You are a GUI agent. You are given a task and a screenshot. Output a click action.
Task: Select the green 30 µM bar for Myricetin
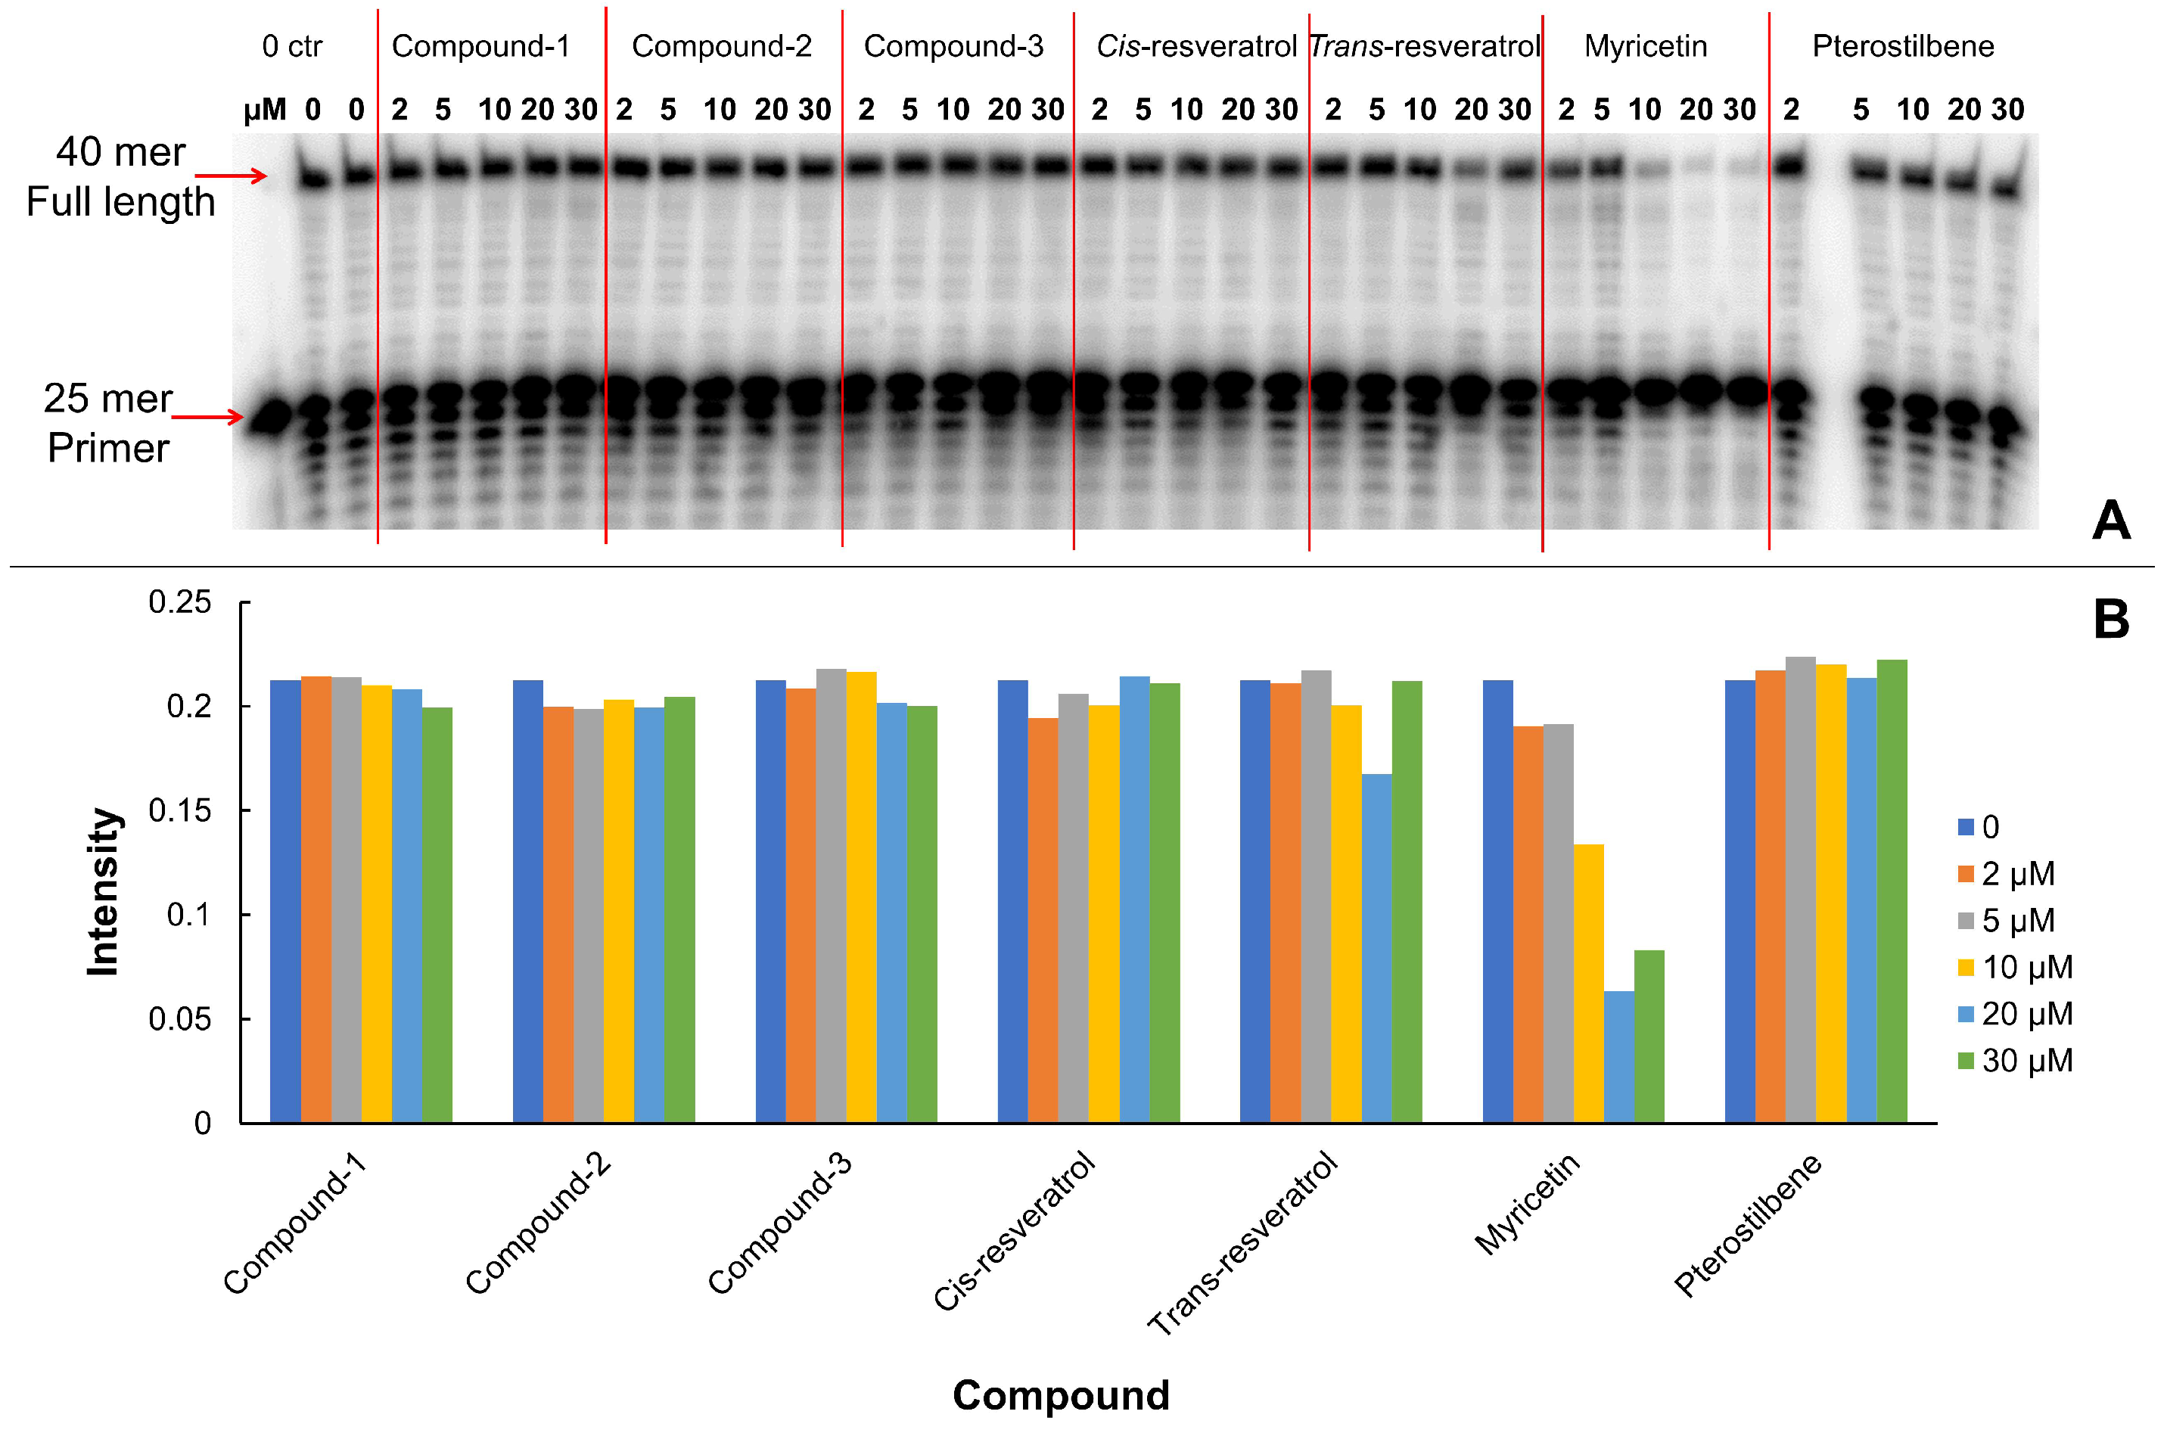[1649, 1036]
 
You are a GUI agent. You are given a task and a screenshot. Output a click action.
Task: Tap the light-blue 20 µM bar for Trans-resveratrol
[1376, 949]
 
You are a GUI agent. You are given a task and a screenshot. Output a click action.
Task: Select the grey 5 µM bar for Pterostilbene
[1799, 889]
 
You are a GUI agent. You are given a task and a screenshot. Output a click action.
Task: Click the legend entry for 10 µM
[2016, 968]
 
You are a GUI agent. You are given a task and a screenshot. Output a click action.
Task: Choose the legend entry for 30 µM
[2016, 1061]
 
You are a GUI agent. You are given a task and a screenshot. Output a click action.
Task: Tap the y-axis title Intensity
[103, 891]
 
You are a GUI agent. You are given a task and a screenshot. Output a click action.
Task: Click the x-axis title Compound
[1061, 1395]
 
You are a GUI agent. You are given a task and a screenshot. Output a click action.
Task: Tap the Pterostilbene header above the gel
[1902, 46]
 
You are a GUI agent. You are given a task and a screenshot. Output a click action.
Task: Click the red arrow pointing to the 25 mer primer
[208, 418]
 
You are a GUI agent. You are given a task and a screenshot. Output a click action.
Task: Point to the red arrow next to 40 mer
[231, 175]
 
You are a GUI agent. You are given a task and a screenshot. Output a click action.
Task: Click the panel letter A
[2110, 521]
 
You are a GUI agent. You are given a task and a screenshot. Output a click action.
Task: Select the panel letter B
[2110, 620]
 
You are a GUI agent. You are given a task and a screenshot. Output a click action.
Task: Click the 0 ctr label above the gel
[292, 46]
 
